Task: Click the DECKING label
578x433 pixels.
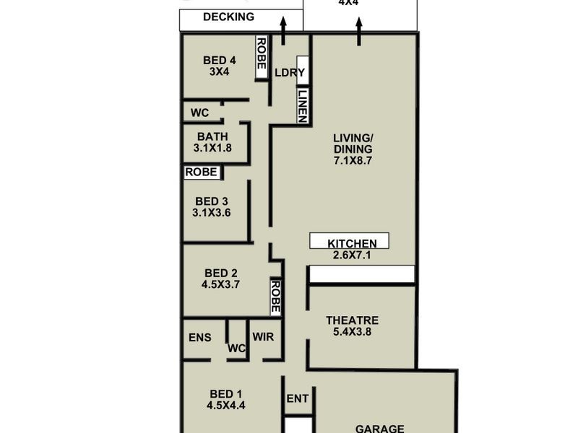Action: point(228,17)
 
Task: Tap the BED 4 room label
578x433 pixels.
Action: point(219,61)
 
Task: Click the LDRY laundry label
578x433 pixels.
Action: point(290,73)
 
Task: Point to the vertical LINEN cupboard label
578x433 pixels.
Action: point(303,105)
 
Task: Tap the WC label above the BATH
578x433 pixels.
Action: point(199,113)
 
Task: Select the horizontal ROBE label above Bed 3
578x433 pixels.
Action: point(201,172)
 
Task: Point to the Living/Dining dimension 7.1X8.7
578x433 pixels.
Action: point(353,160)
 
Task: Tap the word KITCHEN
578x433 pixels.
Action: point(352,243)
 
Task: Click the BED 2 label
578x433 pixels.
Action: point(221,273)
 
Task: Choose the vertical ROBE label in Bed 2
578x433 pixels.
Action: point(275,296)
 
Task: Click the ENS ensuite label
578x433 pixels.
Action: point(199,337)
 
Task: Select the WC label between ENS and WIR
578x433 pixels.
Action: point(237,349)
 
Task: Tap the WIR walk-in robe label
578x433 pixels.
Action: point(262,337)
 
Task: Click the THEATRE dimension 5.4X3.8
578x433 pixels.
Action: point(352,333)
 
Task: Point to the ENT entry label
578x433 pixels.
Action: point(298,398)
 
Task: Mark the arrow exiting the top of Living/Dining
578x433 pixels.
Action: point(358,31)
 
